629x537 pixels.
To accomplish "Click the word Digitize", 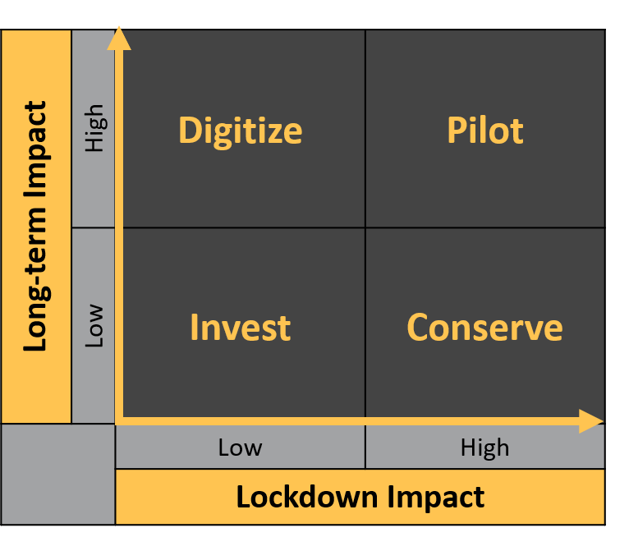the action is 241,131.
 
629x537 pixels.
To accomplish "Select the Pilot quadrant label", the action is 485,130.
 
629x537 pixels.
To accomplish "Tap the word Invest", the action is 241,328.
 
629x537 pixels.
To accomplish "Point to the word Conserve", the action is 484,328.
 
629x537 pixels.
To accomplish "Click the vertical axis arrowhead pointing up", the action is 119,39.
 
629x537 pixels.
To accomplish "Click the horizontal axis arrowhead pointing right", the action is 591,421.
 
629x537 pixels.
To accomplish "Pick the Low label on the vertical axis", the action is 94,326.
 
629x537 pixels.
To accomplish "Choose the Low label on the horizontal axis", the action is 240,447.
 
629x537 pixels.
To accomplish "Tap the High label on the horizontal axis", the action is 484,448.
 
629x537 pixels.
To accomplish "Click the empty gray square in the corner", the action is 58,474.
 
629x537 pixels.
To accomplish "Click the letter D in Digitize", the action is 190,130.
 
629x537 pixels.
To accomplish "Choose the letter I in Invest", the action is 194,328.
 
